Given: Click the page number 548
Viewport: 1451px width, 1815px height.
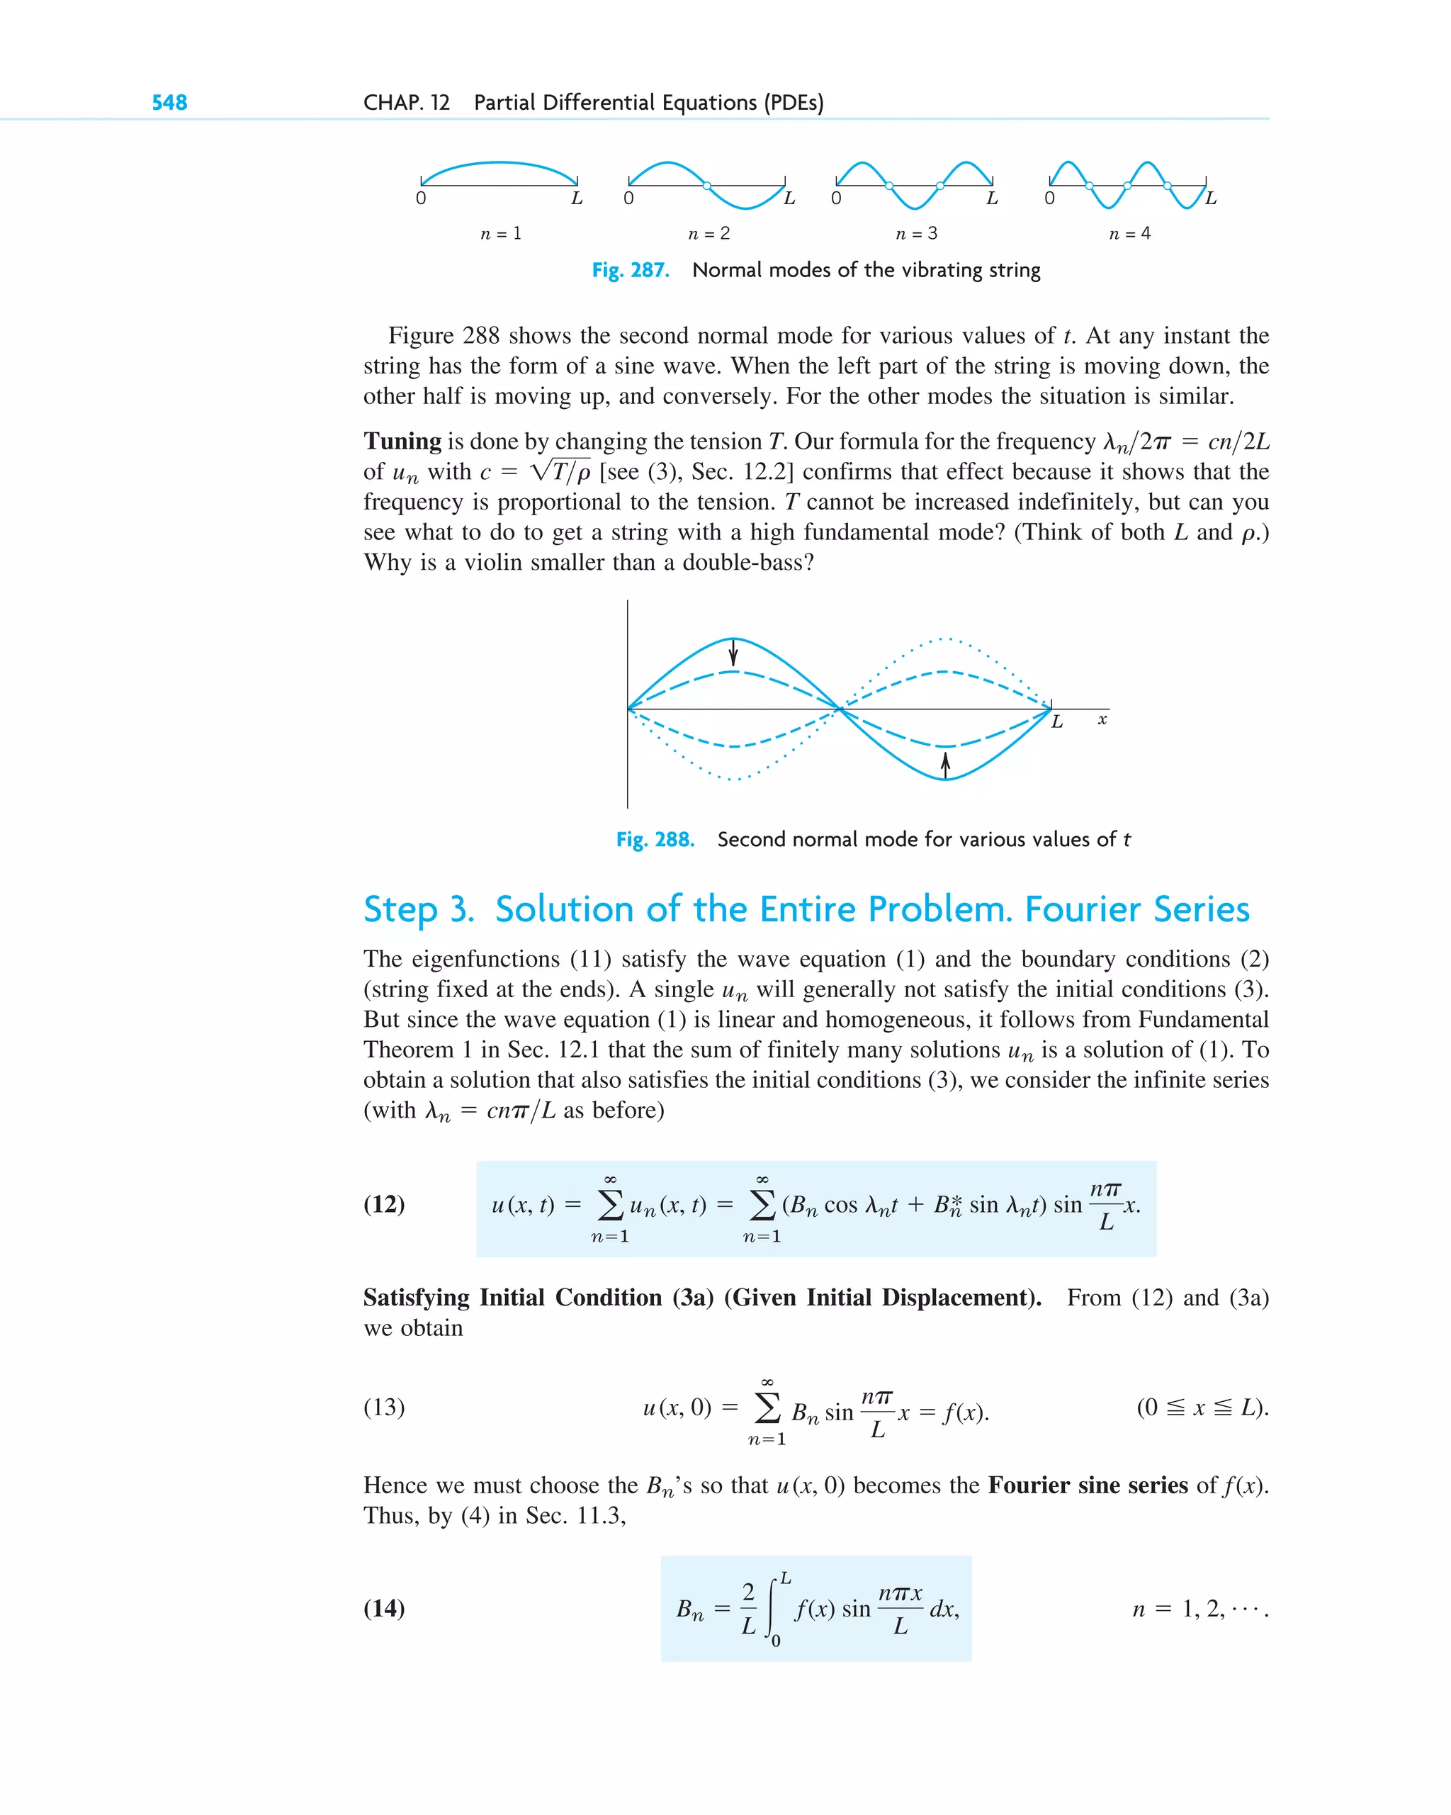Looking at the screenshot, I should click(x=169, y=103).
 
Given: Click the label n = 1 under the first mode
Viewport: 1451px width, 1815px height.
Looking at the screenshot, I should click(x=501, y=233).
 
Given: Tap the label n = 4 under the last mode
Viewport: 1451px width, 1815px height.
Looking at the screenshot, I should click(x=1129, y=233).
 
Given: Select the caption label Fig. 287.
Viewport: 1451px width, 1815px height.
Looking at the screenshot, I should click(x=631, y=270).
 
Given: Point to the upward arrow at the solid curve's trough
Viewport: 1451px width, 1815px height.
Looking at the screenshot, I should click(x=945, y=765).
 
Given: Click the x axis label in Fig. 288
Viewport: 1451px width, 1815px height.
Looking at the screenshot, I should click(x=1102, y=720).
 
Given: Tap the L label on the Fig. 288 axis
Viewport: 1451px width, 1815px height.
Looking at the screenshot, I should click(x=1057, y=722).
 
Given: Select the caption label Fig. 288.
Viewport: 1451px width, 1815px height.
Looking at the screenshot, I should click(x=655, y=839).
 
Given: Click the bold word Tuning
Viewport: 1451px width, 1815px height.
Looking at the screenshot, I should click(x=402, y=441).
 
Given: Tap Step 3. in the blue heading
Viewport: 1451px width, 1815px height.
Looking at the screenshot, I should click(x=418, y=909).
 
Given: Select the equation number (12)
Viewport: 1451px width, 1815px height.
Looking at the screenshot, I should click(x=384, y=1204).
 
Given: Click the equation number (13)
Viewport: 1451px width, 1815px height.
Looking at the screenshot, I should click(x=384, y=1407).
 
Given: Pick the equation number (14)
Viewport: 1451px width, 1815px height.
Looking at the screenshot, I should click(x=384, y=1608).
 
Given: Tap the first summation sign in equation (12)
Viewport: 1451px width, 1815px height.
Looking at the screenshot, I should click(x=610, y=1205).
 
